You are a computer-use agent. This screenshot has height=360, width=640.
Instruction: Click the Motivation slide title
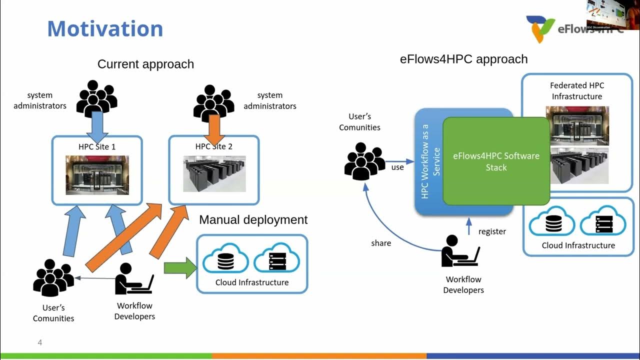pyautogui.click(x=105, y=28)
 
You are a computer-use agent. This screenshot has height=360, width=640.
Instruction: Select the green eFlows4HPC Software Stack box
pyautogui.click(x=496, y=161)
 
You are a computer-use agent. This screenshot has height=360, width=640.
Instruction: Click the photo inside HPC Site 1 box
pyautogui.click(x=97, y=175)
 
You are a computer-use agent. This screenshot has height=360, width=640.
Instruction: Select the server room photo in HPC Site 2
pyautogui.click(x=214, y=173)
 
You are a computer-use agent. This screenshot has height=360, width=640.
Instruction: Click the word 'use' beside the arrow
pyautogui.click(x=397, y=167)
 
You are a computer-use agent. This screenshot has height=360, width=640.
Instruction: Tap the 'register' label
pyautogui.click(x=492, y=231)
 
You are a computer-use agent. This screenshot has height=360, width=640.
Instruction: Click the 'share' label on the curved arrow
pyautogui.click(x=381, y=243)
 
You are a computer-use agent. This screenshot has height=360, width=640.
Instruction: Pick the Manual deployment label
pyautogui.click(x=253, y=219)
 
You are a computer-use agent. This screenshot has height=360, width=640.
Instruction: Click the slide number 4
pyautogui.click(x=40, y=342)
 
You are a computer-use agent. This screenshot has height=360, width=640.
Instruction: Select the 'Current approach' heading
pyautogui.click(x=145, y=64)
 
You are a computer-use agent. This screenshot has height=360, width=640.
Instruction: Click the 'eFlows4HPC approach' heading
pyautogui.click(x=463, y=59)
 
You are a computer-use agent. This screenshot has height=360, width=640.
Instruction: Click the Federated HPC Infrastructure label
pyautogui.click(x=576, y=91)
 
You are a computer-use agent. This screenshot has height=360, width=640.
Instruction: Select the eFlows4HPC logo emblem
pyautogui.click(x=540, y=28)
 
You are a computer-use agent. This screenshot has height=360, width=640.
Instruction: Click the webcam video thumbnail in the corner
pyautogui.click(x=612, y=14)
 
